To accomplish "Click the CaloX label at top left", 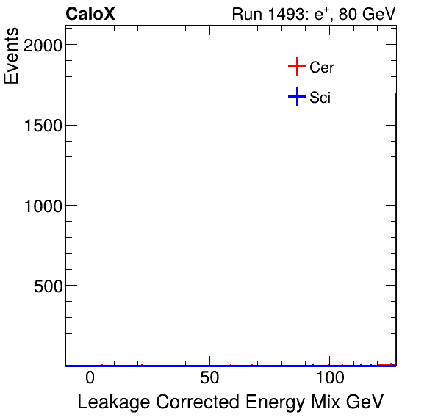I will click(x=90, y=14).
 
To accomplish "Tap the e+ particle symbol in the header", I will click(x=318, y=14).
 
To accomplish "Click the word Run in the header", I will click(x=245, y=15).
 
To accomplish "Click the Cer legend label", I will click(x=322, y=68).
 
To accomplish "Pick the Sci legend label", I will click(x=320, y=97).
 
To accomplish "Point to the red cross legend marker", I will click(x=296, y=67).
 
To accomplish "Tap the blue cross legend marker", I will click(x=296, y=96).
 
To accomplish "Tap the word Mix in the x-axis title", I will click(x=320, y=402).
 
